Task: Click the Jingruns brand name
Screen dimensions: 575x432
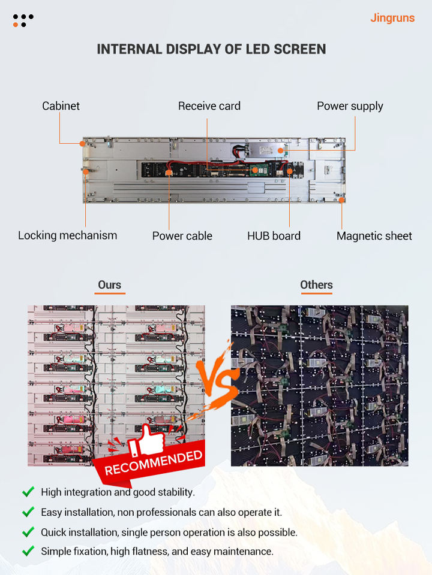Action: click(392, 18)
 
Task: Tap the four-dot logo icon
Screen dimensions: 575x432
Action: click(23, 20)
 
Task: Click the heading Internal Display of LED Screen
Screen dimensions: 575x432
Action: click(211, 49)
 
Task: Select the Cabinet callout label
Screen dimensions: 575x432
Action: click(61, 106)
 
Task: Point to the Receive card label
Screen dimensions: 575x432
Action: click(209, 106)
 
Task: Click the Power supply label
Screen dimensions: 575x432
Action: click(350, 106)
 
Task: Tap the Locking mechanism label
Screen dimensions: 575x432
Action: click(67, 235)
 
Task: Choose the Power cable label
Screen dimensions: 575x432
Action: click(182, 236)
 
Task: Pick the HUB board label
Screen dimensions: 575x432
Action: click(274, 236)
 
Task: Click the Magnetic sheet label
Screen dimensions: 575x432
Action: click(374, 236)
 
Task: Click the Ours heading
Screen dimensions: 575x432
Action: click(109, 285)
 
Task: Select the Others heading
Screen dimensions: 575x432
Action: click(316, 285)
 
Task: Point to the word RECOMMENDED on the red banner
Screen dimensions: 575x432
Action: click(154, 463)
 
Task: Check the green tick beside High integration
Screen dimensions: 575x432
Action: click(28, 492)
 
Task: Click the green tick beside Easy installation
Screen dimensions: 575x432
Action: click(28, 512)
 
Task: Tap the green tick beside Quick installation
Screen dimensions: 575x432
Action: click(28, 532)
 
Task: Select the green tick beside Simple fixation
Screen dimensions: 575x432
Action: click(28, 551)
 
